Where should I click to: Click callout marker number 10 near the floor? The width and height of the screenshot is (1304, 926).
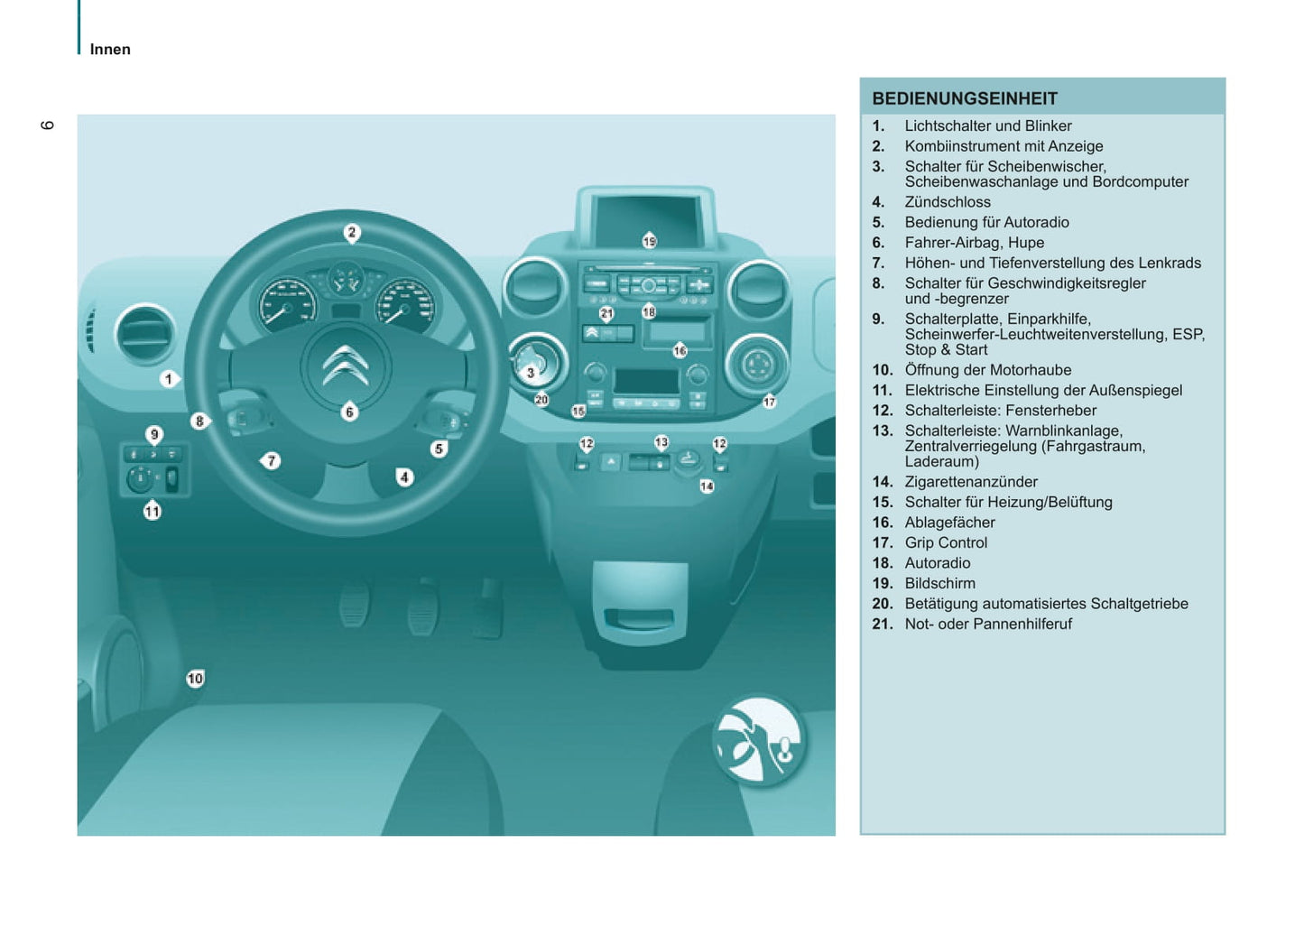tap(195, 679)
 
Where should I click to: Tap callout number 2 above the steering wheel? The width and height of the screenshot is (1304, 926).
tap(352, 233)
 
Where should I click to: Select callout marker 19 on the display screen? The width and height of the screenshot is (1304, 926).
tap(650, 241)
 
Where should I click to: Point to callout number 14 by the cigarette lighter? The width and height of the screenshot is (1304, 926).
tap(707, 486)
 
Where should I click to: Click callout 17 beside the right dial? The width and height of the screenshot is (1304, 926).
tap(769, 402)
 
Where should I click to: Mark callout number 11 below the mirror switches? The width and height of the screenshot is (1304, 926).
tap(153, 511)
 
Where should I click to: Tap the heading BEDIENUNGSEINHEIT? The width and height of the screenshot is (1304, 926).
tap(965, 98)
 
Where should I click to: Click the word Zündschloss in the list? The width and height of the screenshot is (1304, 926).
tap(948, 202)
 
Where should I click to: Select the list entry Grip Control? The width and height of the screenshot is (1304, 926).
tap(946, 542)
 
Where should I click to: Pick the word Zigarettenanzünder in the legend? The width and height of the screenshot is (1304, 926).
tap(971, 482)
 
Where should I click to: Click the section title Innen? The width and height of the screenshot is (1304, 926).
tap(110, 50)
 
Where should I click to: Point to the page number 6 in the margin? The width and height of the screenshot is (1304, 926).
tap(47, 125)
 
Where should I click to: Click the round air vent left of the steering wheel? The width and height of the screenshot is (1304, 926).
tap(145, 334)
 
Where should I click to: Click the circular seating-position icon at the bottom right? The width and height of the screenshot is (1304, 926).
tap(759, 740)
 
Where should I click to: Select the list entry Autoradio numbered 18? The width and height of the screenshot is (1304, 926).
tap(938, 563)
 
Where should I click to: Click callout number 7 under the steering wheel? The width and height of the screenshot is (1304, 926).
tap(270, 461)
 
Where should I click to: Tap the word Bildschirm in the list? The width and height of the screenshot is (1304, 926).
tap(939, 584)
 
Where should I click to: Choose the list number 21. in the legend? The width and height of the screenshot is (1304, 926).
tap(882, 625)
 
